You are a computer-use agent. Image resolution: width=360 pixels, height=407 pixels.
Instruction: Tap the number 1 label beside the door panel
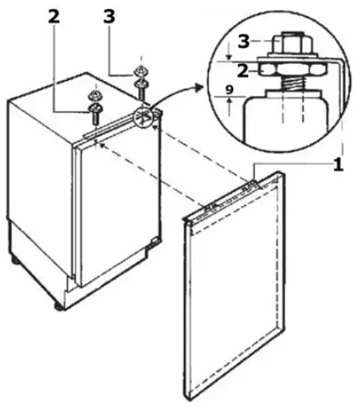coord(337,165)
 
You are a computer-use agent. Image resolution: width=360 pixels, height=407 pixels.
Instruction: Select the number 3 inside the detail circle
coord(242,41)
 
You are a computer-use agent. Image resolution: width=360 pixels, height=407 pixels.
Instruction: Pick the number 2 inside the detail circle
coord(242,71)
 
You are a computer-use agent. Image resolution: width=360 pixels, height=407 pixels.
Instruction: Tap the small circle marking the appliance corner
coord(147,119)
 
